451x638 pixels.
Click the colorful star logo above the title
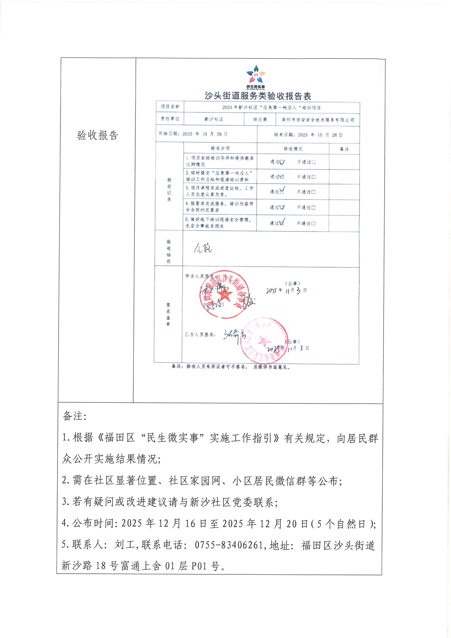tap(256, 74)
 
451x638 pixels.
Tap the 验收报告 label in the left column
tap(97, 135)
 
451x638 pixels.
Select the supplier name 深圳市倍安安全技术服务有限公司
tap(318, 120)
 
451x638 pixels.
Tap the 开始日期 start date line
tap(193, 134)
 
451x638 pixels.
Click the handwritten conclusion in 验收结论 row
tap(203, 248)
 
